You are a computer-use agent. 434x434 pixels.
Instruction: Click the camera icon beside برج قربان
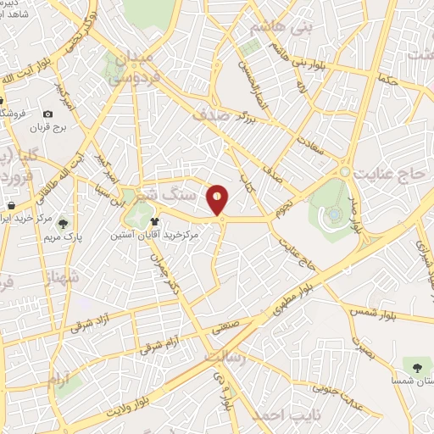click(x=48, y=114)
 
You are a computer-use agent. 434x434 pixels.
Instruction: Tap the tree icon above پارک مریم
click(x=63, y=224)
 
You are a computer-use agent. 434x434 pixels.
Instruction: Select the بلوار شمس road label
click(x=374, y=314)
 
